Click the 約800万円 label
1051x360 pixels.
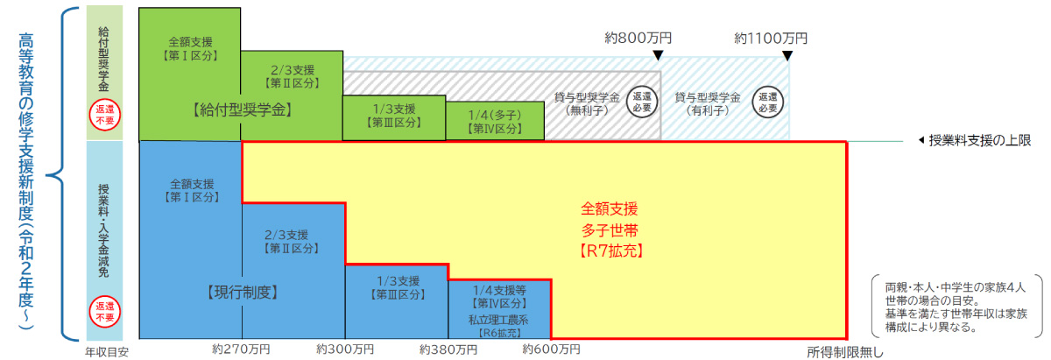638,38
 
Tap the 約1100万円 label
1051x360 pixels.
771,38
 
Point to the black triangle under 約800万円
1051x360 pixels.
659,55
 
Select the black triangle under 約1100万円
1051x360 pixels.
787,56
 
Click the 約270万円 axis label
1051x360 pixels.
241,349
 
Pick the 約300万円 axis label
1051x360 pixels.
345,349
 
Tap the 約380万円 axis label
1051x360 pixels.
448,349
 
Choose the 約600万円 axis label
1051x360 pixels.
551,349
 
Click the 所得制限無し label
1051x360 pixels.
844,352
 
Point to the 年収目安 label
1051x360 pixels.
107,352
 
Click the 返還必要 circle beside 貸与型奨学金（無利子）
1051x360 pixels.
642,102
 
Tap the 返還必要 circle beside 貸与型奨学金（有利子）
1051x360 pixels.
767,102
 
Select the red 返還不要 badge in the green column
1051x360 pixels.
104,115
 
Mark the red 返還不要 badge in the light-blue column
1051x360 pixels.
104,312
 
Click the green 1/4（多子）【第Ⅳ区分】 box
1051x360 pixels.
495,121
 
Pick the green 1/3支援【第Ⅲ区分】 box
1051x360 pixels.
394,117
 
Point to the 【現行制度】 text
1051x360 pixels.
243,293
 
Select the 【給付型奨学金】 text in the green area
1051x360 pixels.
243,109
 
